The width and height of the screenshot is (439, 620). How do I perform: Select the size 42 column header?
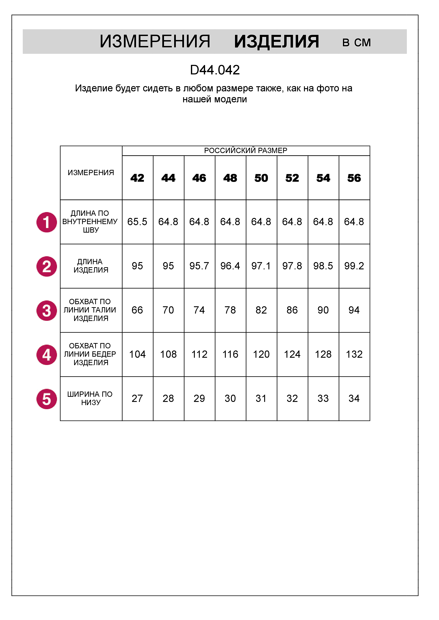pos(137,178)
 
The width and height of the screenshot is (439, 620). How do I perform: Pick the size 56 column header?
pos(354,178)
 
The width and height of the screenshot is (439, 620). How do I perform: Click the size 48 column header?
pos(230,178)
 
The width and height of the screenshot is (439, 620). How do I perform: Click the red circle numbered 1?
pos(47,222)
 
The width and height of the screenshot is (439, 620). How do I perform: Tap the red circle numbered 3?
pos(47,311)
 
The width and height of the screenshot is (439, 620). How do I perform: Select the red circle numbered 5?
pos(47,399)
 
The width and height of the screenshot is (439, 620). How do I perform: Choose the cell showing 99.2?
pos(354,266)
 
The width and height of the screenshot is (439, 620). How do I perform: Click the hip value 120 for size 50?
pos(261,355)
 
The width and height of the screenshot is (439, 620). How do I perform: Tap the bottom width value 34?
pos(354,399)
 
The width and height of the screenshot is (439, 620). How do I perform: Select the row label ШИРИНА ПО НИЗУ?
pos(91,398)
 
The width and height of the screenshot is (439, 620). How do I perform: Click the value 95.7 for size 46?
pos(199,266)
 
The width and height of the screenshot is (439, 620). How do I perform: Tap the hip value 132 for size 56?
pos(354,355)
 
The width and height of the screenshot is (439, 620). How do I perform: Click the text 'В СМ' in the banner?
pos(356,43)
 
